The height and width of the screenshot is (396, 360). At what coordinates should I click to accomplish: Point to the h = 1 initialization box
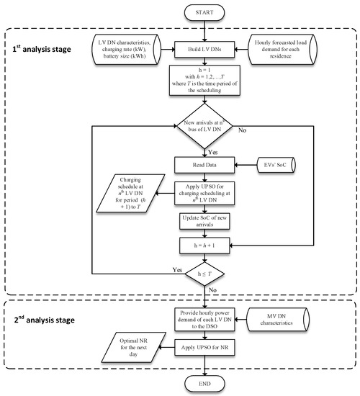coord(206,85)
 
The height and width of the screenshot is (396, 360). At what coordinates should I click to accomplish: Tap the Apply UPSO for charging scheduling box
coord(206,195)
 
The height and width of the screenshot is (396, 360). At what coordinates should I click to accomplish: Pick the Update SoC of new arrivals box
coord(206,222)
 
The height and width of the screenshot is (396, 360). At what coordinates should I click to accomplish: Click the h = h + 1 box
coord(206,246)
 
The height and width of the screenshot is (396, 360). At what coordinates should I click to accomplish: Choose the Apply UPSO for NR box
coord(206,347)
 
